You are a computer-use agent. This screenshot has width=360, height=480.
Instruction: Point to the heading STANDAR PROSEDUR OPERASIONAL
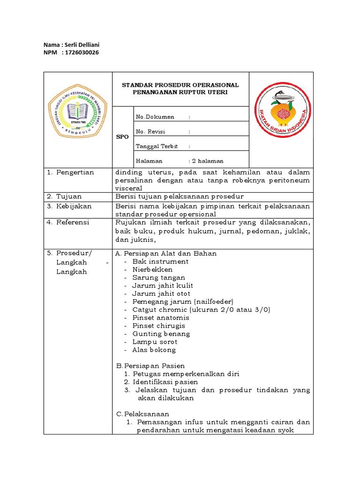(180, 85)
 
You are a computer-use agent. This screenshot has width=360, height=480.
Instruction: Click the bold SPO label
(122, 136)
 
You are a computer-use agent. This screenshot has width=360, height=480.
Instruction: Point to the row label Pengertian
(75, 172)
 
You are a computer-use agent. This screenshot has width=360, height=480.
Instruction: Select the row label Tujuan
(69, 196)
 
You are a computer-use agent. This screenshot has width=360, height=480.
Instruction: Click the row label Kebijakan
(74, 206)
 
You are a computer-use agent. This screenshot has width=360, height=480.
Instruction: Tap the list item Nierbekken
(152, 270)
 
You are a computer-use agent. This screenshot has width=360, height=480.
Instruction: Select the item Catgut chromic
(159, 309)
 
